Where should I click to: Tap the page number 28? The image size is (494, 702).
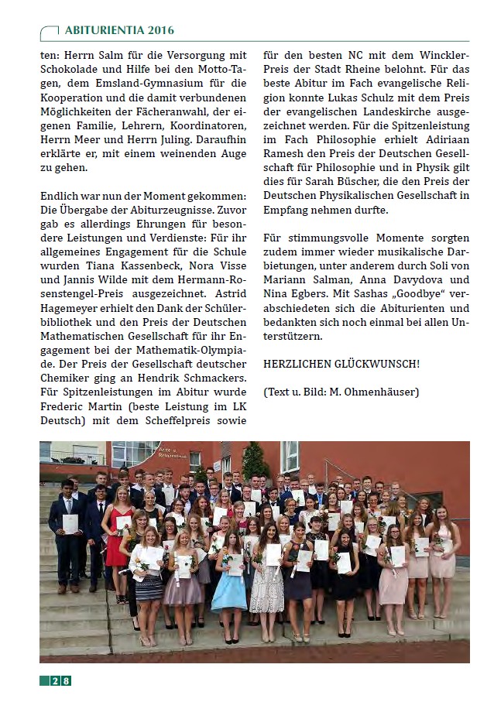[61, 680]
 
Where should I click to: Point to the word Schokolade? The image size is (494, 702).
[76, 70]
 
